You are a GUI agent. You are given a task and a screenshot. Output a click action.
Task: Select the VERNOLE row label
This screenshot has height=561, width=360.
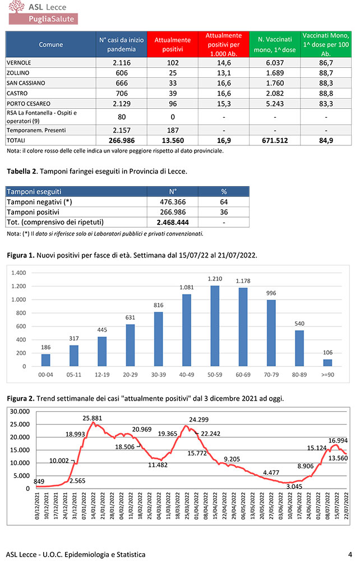click(x=19, y=63)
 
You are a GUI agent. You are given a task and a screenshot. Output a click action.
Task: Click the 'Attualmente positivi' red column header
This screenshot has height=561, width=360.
click(x=173, y=44)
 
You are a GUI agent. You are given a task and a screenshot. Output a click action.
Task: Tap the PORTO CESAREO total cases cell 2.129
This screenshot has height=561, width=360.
click(x=122, y=104)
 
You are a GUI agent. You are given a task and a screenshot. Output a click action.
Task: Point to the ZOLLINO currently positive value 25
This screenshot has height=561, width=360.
click(x=173, y=73)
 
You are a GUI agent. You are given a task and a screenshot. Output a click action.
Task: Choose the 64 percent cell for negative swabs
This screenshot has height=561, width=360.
click(x=223, y=202)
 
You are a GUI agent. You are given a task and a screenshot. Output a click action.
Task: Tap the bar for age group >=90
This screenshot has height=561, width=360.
click(x=327, y=362)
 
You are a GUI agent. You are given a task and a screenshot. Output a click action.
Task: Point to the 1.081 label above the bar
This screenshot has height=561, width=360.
click(x=187, y=287)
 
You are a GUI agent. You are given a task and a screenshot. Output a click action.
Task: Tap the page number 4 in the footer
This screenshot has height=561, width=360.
click(x=350, y=554)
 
